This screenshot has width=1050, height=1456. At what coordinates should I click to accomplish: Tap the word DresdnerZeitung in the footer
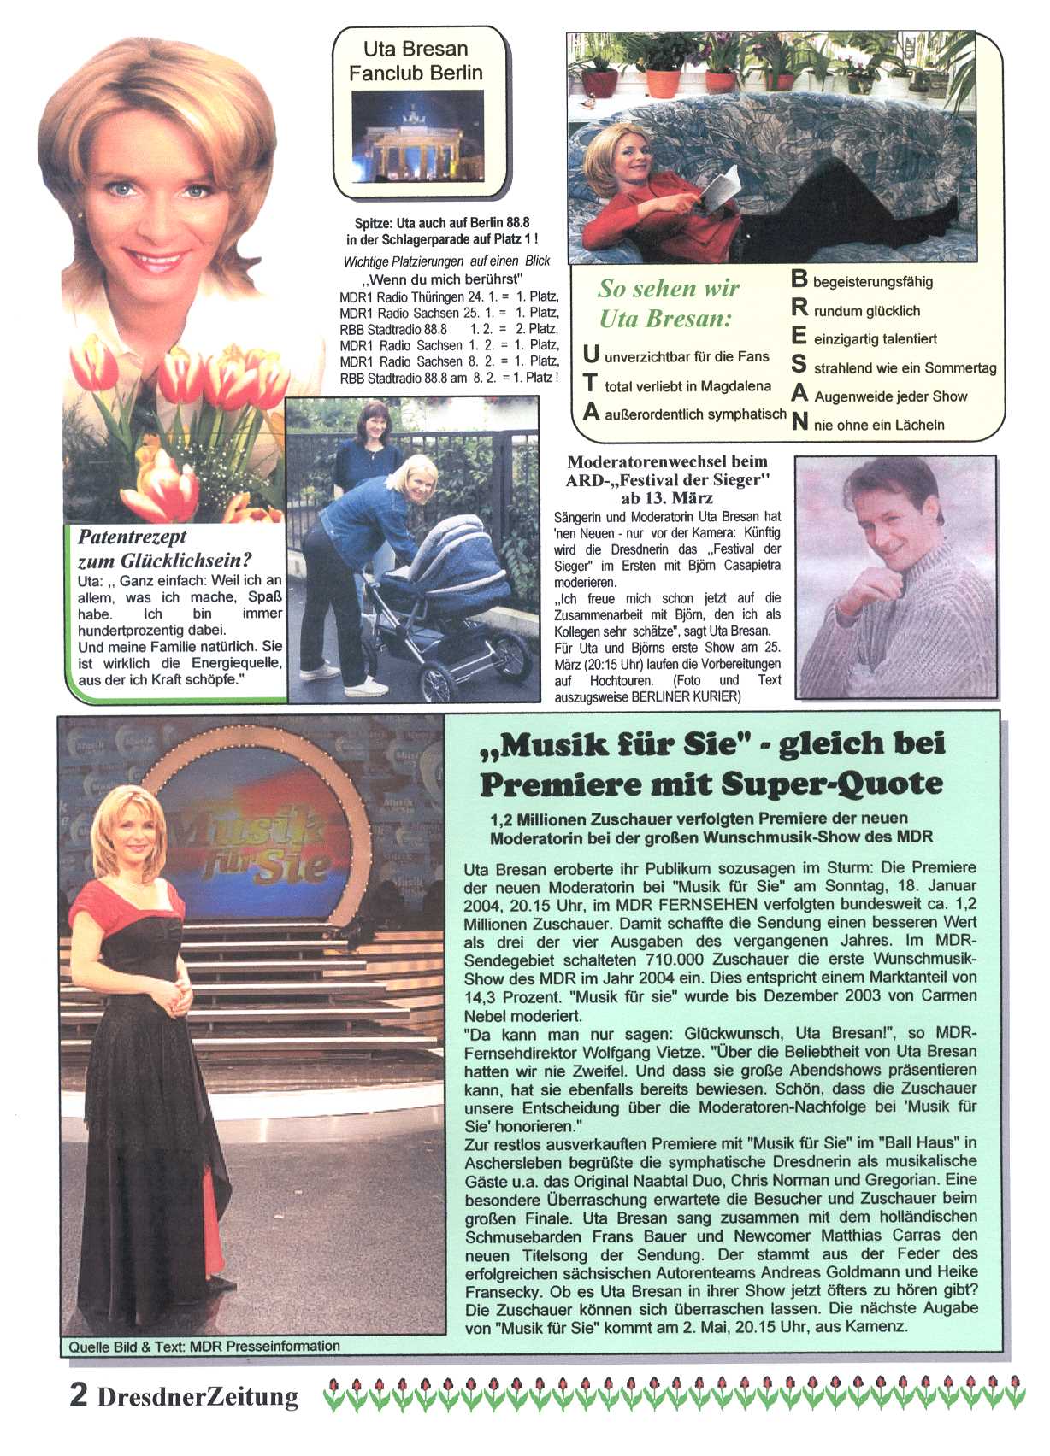(198, 1396)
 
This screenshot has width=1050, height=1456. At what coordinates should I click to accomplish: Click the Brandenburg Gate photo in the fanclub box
(417, 136)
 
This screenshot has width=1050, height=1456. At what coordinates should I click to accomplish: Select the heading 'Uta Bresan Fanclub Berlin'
(416, 61)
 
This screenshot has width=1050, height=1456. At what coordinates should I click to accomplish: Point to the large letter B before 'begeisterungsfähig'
(799, 279)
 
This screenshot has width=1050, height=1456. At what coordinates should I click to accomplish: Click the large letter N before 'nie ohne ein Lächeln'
(799, 422)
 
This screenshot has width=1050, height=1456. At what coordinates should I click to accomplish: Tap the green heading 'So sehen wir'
(668, 289)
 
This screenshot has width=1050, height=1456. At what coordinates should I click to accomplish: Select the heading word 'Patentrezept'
(132, 537)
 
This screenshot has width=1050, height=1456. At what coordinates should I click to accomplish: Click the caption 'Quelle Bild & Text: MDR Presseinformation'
(204, 1346)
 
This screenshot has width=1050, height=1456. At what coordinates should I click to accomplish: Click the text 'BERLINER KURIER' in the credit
(686, 696)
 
